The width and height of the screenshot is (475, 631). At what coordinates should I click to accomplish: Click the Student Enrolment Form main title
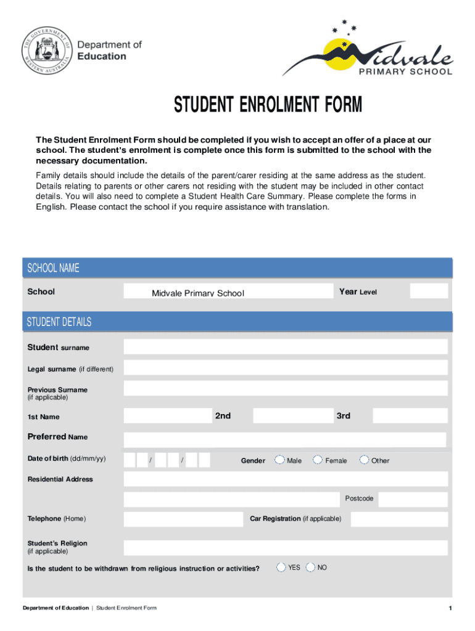pos(268,105)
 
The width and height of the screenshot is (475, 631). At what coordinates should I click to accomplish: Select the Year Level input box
pos(429,291)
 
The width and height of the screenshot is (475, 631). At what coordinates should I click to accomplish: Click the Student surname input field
pos(286,347)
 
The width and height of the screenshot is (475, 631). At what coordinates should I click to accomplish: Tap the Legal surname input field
pos(286,368)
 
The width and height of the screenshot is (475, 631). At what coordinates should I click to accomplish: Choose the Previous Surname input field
pos(286,389)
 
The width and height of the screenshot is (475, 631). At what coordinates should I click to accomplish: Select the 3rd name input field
pos(410,416)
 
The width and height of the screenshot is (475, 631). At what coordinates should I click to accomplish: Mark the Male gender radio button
pos(280,460)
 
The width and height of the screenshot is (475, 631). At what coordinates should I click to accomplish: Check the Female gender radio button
pos(318,460)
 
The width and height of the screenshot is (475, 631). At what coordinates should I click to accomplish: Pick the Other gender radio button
pos(365,460)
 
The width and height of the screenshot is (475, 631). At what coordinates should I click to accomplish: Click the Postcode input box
pos(413,499)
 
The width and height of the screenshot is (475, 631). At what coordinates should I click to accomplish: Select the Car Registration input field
pos(399,519)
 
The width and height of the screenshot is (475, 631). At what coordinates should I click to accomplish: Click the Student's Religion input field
pos(286,548)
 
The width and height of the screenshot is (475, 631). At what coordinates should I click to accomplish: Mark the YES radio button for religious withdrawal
pos(281,567)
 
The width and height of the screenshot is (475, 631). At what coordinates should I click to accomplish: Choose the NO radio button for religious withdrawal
pos(310,567)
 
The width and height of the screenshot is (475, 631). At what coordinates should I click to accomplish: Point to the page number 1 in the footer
pos(451,609)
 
